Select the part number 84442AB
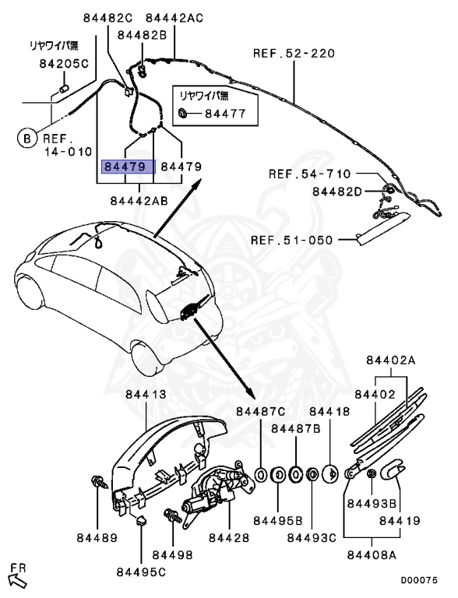click(139, 200)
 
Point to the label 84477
click(225, 114)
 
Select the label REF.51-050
click(292, 241)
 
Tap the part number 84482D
click(337, 192)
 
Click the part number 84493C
click(312, 537)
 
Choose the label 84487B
click(296, 428)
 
